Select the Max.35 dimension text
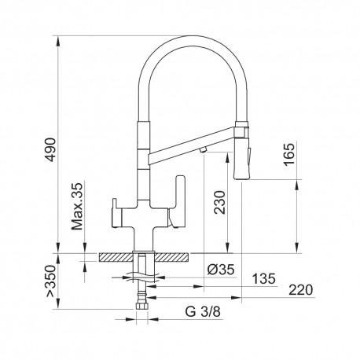(76, 206)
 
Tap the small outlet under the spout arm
(202, 148)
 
